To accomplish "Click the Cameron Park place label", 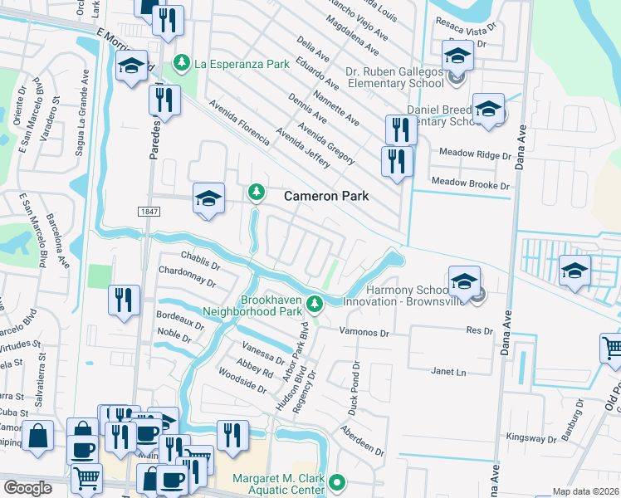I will click(x=326, y=197).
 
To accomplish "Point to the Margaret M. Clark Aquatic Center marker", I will click(x=336, y=481).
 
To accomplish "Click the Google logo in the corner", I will click(x=28, y=488).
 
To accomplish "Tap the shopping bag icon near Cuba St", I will click(x=38, y=436).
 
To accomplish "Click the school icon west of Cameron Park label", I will click(x=209, y=198).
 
